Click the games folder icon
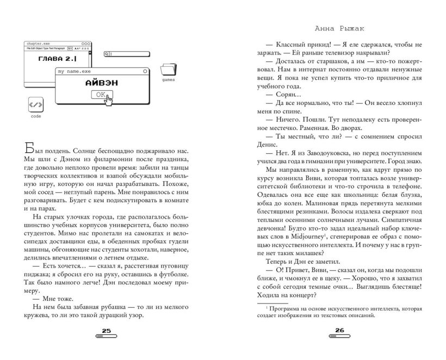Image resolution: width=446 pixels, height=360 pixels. click(169, 70)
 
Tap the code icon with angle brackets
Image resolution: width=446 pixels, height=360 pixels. click(36, 105)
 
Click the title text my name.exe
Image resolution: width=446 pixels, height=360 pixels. click(74, 71)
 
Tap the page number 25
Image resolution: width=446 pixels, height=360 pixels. click(106, 331)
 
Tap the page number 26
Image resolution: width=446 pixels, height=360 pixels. click(340, 331)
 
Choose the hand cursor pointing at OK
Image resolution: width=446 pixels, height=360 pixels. click(109, 98)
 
